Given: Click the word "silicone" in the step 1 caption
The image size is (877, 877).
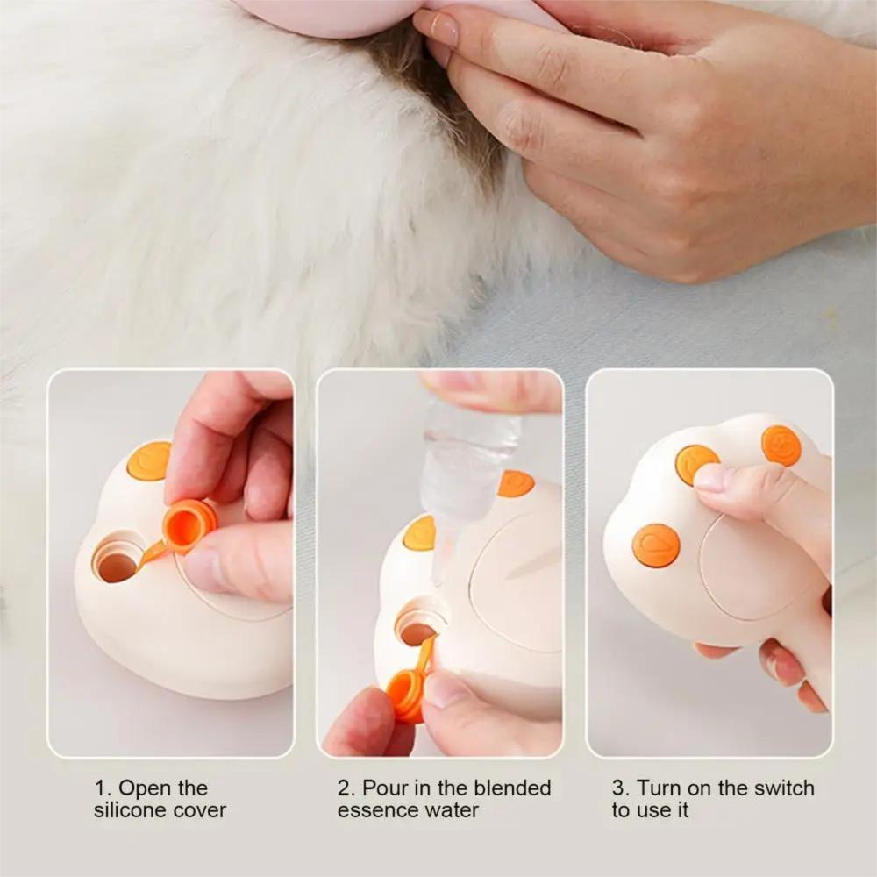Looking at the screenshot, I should (x=128, y=809).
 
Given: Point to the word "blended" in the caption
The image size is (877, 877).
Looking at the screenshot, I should (x=512, y=788).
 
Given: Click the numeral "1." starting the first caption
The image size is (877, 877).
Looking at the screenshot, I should (x=103, y=788).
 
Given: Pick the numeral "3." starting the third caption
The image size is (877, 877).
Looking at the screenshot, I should (x=621, y=788).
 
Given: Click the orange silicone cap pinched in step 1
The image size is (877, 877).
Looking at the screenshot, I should (x=189, y=527).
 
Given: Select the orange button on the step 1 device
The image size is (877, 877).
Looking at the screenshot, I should (x=149, y=461).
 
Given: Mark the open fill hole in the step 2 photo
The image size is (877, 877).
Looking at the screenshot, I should (x=417, y=629).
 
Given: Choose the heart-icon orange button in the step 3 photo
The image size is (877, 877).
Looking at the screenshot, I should (x=656, y=545).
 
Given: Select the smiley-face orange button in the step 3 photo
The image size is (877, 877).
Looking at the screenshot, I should (x=781, y=446).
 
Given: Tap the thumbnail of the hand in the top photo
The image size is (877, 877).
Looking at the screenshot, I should (x=444, y=27).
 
